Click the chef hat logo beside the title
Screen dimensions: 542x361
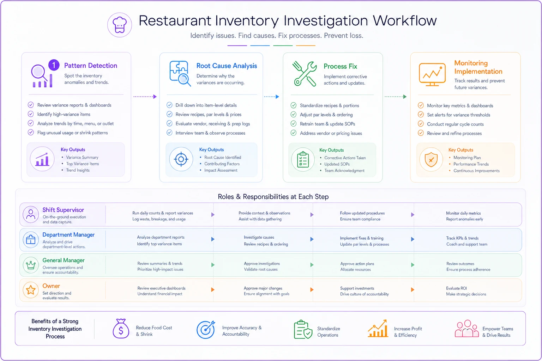tap(120, 25)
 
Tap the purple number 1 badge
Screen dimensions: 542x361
tap(54, 65)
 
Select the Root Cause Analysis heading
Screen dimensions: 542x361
tap(227, 66)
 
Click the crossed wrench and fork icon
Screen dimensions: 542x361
tap(305, 74)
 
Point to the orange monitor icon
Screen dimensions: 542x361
tap(432, 74)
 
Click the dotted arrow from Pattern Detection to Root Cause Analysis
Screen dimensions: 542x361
tap(145, 97)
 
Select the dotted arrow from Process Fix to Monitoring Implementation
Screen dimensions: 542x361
tap(396, 97)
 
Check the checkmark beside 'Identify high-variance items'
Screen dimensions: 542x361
tap(31, 114)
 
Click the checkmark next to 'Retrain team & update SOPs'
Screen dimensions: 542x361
tap(294, 123)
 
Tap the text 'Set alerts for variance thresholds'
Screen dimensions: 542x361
tap(458, 115)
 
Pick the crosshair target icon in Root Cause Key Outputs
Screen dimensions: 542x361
tap(181, 159)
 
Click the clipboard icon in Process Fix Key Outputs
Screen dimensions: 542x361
tap(303, 159)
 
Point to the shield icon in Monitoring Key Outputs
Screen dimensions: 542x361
tap(431, 160)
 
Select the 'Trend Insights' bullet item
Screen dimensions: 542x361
tap(78, 170)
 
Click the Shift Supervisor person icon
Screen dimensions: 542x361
tap(31, 214)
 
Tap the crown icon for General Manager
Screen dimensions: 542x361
tap(31, 265)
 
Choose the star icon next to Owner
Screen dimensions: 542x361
tap(31, 290)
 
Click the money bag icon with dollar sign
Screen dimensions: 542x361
tap(121, 329)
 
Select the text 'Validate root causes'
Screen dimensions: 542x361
tap(261, 269)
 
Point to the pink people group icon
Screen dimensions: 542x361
tap(466, 329)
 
